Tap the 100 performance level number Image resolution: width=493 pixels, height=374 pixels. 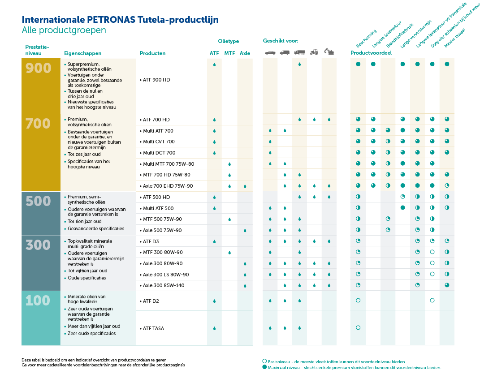(38, 301)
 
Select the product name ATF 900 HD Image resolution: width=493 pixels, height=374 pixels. (156, 80)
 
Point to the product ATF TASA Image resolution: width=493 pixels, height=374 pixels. (153, 328)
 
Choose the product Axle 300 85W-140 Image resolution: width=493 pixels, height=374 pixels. (163, 285)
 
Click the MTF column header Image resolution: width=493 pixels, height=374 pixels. (229, 53)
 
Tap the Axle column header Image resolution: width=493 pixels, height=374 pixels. (245, 53)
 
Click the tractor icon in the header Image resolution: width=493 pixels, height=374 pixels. (314, 52)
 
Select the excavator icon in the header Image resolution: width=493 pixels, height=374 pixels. (329, 52)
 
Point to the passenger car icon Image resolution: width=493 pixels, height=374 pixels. (270, 52)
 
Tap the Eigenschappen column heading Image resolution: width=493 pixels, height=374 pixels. (83, 53)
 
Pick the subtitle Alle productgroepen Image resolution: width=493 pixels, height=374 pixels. (64, 30)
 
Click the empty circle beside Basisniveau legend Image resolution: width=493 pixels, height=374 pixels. (264, 361)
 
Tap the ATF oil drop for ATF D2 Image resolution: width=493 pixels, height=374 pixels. (215, 301)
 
